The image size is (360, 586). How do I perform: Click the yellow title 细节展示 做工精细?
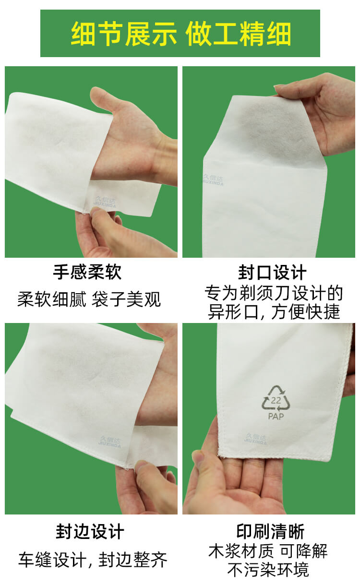[180, 34]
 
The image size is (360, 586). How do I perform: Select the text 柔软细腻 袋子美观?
[89, 299]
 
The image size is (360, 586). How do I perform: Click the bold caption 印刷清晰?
[270, 532]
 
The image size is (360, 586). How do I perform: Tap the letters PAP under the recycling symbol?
[276, 416]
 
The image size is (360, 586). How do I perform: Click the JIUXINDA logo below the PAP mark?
[256, 439]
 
